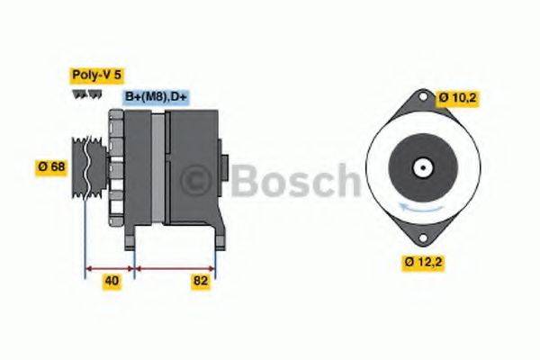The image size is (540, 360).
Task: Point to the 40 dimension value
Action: pyautogui.click(x=112, y=281)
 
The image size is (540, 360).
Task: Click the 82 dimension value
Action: pyautogui.click(x=201, y=281)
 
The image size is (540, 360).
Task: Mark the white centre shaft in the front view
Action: pyautogui.click(x=421, y=167)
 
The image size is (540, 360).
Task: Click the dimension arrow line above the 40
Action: pyautogui.click(x=109, y=267)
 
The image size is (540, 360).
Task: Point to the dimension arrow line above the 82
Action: pyautogui.click(x=175, y=267)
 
